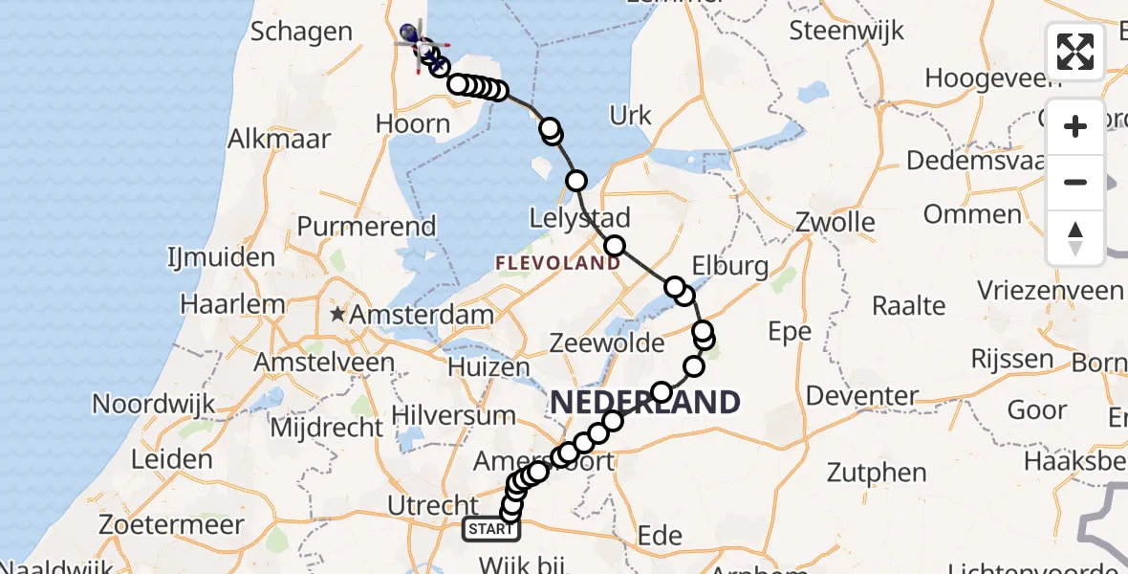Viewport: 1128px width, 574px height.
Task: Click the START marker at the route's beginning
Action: pos(491,529)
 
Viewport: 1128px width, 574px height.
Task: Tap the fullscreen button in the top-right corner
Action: pos(1075,52)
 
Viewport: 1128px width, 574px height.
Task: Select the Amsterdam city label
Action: pos(422,314)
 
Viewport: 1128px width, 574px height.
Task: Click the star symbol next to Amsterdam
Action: pos(336,314)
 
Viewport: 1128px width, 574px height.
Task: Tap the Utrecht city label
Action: pos(433,505)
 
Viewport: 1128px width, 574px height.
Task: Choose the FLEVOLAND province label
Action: pos(557,262)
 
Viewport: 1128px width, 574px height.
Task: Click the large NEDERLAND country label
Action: pos(645,402)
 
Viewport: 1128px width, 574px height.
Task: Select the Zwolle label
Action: pos(835,223)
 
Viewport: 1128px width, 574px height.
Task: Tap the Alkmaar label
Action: pos(279,138)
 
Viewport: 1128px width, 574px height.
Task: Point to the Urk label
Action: pos(630,116)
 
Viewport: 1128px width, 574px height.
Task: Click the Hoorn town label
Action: pos(413,123)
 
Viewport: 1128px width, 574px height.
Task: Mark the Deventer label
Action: pos(861,395)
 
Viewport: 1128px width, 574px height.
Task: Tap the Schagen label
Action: pos(301,32)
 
